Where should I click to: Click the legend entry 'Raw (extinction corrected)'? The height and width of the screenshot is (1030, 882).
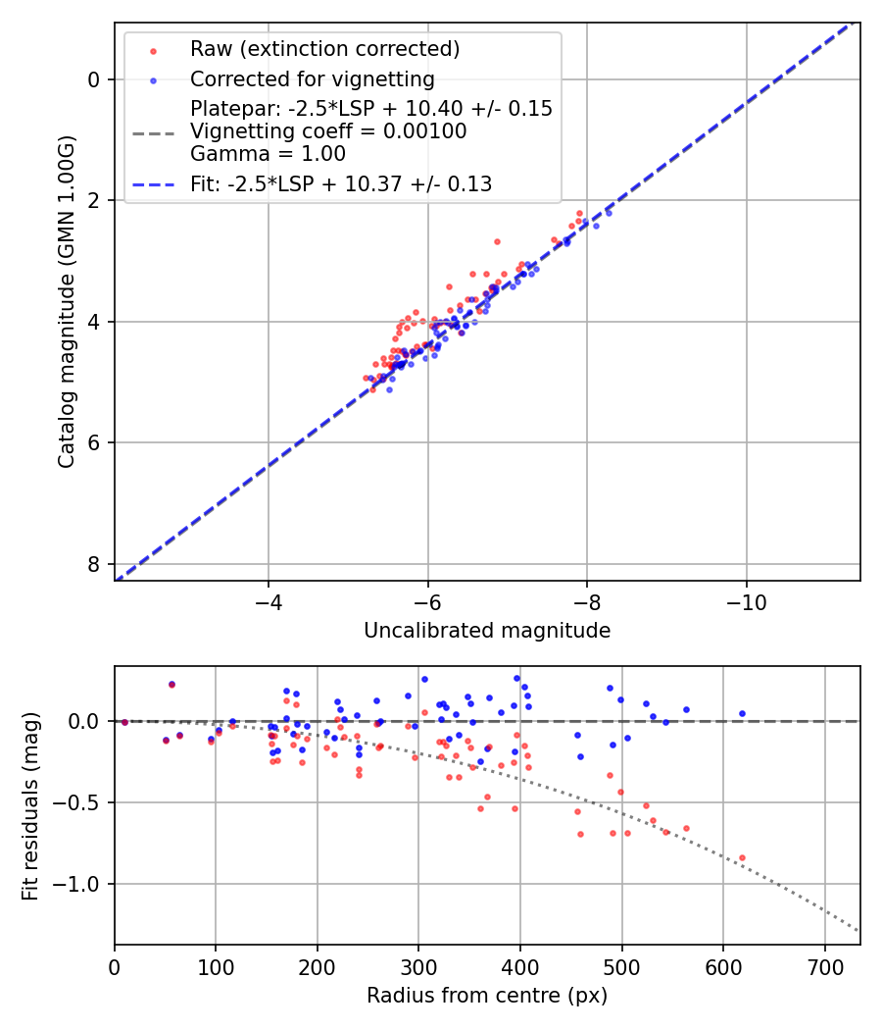click(324, 49)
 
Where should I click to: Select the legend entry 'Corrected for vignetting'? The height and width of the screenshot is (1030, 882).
click(312, 78)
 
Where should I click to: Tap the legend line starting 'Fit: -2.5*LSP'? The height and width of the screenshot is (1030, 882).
click(340, 183)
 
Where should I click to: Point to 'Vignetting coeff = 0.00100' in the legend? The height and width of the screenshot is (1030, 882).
click(328, 131)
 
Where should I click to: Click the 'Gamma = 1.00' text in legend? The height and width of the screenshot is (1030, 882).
click(268, 154)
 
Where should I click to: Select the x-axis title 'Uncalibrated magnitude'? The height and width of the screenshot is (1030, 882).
click(487, 631)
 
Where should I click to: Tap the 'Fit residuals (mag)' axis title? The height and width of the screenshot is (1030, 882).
click(30, 805)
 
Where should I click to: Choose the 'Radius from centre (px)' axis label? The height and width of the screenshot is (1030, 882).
click(487, 996)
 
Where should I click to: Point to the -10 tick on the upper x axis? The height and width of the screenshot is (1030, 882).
click(747, 599)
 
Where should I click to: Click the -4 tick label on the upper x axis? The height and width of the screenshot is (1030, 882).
click(269, 599)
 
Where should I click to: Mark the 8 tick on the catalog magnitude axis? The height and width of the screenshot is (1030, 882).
click(93, 564)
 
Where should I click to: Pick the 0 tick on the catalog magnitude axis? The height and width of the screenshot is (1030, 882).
click(93, 79)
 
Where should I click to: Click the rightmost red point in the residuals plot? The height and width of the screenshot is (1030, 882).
click(742, 857)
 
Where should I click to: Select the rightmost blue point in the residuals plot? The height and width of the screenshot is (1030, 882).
click(742, 713)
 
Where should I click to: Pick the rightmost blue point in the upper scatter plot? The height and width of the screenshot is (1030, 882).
click(609, 213)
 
